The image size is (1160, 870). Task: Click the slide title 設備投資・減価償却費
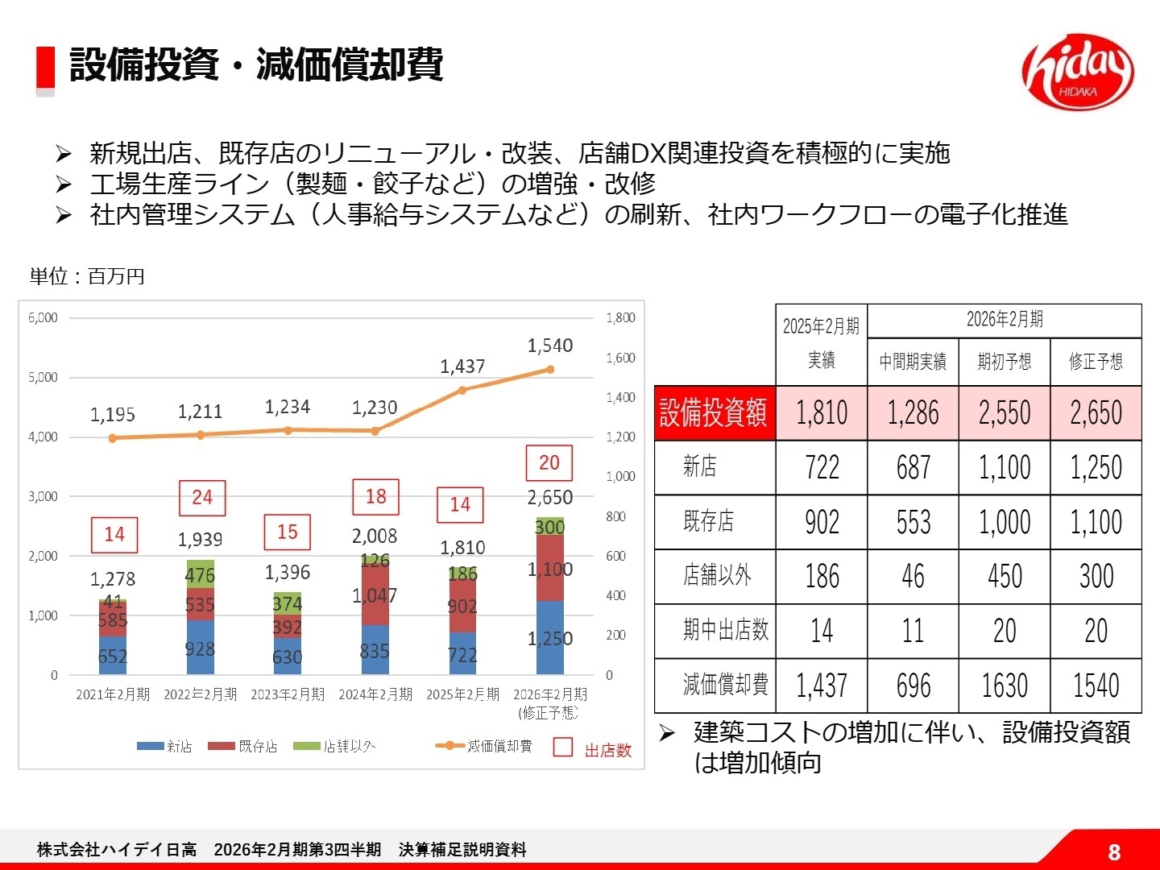point(256,64)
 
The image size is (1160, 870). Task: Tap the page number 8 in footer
point(1114,852)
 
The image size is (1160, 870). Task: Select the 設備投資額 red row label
point(714,413)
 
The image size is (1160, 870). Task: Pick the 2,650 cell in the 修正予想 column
point(1096,413)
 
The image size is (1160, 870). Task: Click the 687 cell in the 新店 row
point(913,467)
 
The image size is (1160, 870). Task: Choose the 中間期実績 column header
point(913,362)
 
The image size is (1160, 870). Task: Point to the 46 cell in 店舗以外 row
point(913,577)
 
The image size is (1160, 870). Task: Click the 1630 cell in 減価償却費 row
point(1004,686)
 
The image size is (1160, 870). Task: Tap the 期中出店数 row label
point(725,631)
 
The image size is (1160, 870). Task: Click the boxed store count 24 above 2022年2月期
point(202,498)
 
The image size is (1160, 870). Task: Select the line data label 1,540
point(550,346)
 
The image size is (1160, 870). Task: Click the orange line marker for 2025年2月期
point(462,390)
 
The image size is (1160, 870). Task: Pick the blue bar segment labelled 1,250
point(550,639)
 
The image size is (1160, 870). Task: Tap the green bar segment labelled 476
point(200,574)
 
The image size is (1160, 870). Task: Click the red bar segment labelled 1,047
point(375,596)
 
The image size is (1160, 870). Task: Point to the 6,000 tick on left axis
point(43,317)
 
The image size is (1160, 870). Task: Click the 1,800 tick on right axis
point(620,317)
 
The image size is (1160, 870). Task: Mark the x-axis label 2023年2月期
point(288,694)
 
